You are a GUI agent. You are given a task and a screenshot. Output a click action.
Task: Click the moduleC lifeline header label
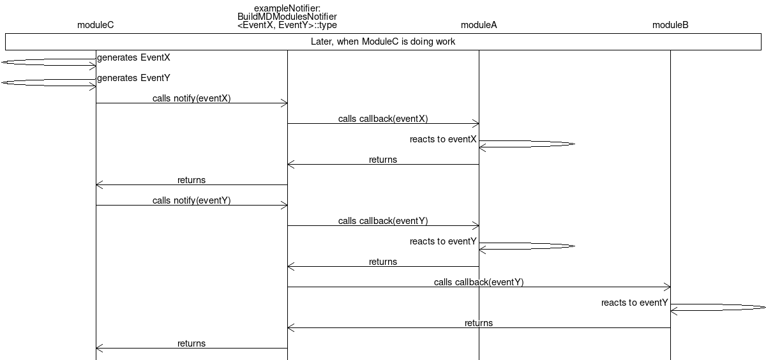pyautogui.click(x=96, y=26)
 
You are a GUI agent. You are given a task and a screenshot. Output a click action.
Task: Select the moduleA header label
pyautogui.click(x=479, y=26)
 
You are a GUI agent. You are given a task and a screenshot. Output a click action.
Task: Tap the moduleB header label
pyautogui.click(x=670, y=26)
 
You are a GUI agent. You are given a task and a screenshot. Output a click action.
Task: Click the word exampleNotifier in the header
pyautogui.click(x=287, y=8)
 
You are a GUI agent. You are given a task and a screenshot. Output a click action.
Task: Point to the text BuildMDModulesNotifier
pyautogui.click(x=287, y=17)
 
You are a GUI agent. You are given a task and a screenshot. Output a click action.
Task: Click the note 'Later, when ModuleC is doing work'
pyautogui.click(x=383, y=41)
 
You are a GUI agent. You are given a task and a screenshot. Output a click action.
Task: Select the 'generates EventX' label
pyautogui.click(x=133, y=57)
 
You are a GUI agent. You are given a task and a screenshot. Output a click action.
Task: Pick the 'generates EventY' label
pyautogui.click(x=133, y=78)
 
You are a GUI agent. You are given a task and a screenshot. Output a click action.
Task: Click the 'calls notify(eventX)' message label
pyautogui.click(x=191, y=98)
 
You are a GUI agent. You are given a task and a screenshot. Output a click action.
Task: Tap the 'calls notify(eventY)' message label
pyautogui.click(x=191, y=200)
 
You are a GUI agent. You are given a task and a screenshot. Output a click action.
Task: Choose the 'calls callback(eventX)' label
pyautogui.click(x=383, y=119)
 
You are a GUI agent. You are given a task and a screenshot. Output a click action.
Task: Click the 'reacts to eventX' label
pyautogui.click(x=443, y=139)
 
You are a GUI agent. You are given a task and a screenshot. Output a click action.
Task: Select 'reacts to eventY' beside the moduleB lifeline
pyautogui.click(x=635, y=303)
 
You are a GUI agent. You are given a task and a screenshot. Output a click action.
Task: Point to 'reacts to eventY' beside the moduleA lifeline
pyautogui.click(x=443, y=241)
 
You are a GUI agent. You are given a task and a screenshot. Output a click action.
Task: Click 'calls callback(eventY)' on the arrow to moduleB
pyautogui.click(x=479, y=282)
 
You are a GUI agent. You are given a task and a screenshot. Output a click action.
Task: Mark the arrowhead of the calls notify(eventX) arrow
pyautogui.click(x=285, y=103)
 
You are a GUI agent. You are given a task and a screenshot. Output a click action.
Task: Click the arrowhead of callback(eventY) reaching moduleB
pyautogui.click(x=668, y=287)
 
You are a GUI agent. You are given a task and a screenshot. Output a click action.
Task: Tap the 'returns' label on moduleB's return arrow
pyautogui.click(x=479, y=323)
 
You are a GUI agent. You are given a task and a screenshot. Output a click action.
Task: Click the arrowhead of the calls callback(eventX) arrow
pyautogui.click(x=476, y=123)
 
